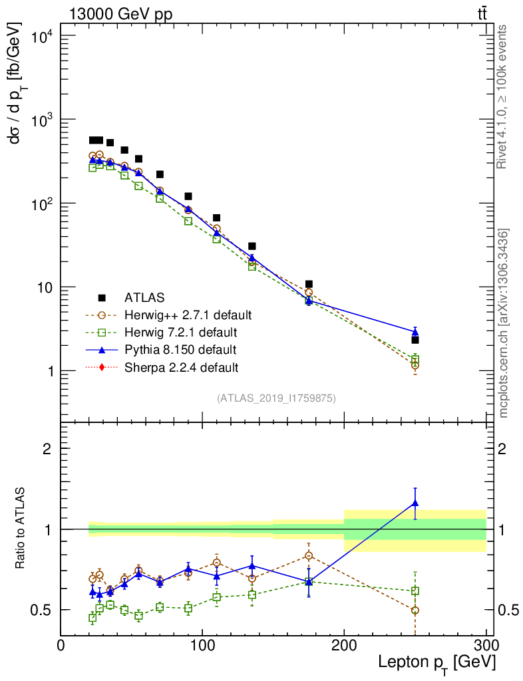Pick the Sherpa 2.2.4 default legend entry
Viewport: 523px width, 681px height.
(181, 366)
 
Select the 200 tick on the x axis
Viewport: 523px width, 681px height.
(344, 645)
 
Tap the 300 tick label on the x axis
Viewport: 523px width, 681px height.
(485, 645)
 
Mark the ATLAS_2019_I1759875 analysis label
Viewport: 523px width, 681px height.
(276, 398)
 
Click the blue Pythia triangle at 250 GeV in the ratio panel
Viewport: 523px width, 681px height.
(415, 503)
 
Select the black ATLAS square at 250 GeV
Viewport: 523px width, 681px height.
(415, 340)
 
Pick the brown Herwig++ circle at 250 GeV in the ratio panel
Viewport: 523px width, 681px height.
(415, 610)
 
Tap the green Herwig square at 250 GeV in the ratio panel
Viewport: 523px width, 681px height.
(415, 591)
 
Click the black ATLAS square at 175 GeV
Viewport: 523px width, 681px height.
(309, 284)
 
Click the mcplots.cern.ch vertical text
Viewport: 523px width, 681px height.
(504, 323)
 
